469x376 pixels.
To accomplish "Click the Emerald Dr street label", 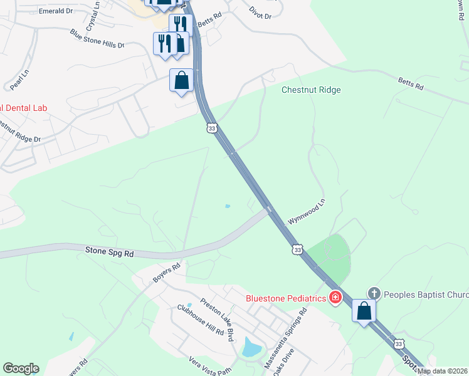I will click(56, 11).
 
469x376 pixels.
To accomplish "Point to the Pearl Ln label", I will click(17, 80).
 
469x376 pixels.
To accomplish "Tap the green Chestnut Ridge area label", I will click(311, 90).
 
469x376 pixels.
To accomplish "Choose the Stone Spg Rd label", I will click(110, 252).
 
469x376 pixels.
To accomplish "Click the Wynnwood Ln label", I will click(307, 212).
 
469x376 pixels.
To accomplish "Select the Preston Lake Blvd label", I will click(217, 318).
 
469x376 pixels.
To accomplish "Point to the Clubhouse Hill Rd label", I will click(200, 320).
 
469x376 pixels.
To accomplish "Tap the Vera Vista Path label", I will click(210, 365).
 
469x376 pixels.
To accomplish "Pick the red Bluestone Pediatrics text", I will click(287, 298).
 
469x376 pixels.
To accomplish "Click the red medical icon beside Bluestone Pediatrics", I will click(335, 297).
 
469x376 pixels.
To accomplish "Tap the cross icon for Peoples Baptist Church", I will click(374, 293).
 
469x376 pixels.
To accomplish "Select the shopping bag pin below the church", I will click(364, 310).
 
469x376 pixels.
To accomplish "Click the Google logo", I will click(21, 368).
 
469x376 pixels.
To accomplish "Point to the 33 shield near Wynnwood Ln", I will click(297, 249).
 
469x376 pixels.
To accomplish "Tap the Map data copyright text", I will click(442, 371).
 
